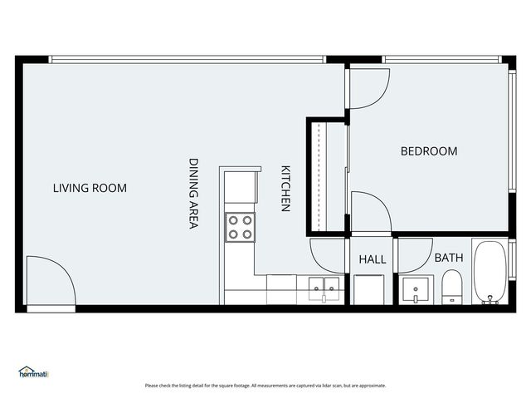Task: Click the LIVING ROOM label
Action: pos(90,189)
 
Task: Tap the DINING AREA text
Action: pos(193,194)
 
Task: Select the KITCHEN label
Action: pos(285,188)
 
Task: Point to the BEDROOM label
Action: pos(429,151)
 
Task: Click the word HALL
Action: pos(373,260)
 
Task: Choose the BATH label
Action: pos(449,259)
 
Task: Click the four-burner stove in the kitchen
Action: pos(241,226)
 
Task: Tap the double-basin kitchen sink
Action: pos(324,289)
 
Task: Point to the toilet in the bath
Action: pos(452,290)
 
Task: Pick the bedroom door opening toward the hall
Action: pos(369,211)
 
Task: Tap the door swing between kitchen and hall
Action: pos(329,254)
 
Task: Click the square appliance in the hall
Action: pos(369,289)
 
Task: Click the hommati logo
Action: pos(33,373)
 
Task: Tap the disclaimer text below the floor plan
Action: pos(265,386)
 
